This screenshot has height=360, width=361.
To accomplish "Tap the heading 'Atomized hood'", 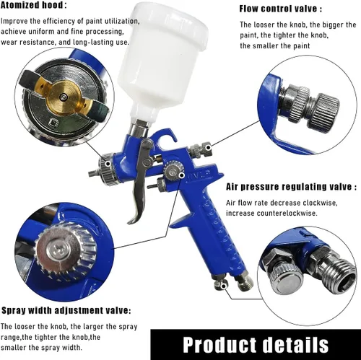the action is tap(32, 5).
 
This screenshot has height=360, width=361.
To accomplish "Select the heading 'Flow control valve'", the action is tap(278, 9).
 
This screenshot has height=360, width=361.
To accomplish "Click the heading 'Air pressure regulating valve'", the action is tap(289, 187).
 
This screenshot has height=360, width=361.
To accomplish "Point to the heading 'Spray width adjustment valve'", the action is tap(64, 310).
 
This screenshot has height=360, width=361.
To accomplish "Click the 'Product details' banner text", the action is tap(256, 345).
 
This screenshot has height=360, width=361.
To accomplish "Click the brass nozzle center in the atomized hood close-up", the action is tap(64, 97).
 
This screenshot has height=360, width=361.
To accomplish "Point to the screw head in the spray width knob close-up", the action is tap(58, 249).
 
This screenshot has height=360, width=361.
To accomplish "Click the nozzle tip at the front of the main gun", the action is tap(92, 173).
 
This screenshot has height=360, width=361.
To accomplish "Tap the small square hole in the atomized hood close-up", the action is tap(53, 123).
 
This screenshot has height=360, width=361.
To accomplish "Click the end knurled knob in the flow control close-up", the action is tap(323, 110).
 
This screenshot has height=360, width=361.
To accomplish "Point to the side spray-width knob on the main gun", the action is tap(173, 170).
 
